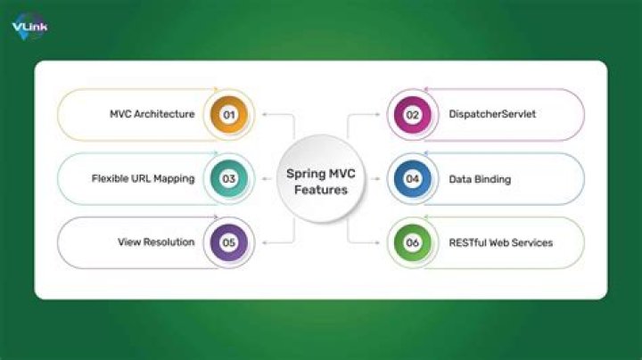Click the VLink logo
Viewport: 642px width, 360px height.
point(29,26)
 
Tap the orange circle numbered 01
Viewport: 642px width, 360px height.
point(229,114)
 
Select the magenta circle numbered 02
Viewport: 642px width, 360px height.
point(412,114)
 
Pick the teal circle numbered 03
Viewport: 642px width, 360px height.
point(229,178)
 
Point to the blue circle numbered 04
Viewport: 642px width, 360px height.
point(412,178)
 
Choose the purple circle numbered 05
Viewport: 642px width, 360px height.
point(229,241)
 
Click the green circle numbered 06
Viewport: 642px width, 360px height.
point(412,241)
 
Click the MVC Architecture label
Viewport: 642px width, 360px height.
point(152,114)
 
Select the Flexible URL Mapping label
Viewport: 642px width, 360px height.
point(143,178)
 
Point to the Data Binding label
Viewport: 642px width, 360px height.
point(479,178)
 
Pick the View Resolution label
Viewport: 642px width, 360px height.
point(156,241)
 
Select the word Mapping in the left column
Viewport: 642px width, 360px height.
point(173,178)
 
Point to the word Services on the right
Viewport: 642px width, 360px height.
point(532,241)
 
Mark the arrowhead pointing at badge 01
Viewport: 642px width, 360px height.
point(264,114)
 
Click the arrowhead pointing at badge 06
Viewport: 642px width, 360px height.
point(379,241)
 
